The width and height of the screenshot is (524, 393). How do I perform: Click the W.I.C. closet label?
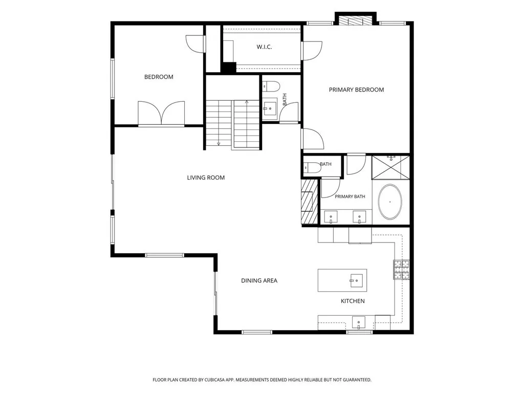coord(264,47)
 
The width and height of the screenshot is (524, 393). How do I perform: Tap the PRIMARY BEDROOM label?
coord(356,90)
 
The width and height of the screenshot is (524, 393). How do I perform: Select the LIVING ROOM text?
coord(206,178)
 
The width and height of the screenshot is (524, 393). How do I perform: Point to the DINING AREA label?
coord(259,281)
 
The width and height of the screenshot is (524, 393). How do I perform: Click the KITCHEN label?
coord(353,301)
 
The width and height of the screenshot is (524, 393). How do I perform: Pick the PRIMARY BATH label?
coord(350,196)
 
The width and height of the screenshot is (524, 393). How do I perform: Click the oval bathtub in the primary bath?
coord(390,202)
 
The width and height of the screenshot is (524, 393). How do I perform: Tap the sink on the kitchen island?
coord(356,280)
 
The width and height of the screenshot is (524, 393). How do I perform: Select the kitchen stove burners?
coord(401,270)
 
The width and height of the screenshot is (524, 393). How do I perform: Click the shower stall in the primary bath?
coord(390,167)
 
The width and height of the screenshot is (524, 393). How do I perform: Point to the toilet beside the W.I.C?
coord(271,86)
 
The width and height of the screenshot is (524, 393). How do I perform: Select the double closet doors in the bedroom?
coord(161,113)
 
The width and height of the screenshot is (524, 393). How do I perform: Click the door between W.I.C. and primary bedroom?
coord(311,51)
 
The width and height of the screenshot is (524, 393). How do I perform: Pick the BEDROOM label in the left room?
coord(159,77)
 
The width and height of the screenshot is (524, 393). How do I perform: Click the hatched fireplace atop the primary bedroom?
coord(356,20)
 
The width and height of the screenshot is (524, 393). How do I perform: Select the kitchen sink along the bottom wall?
coord(358,323)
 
